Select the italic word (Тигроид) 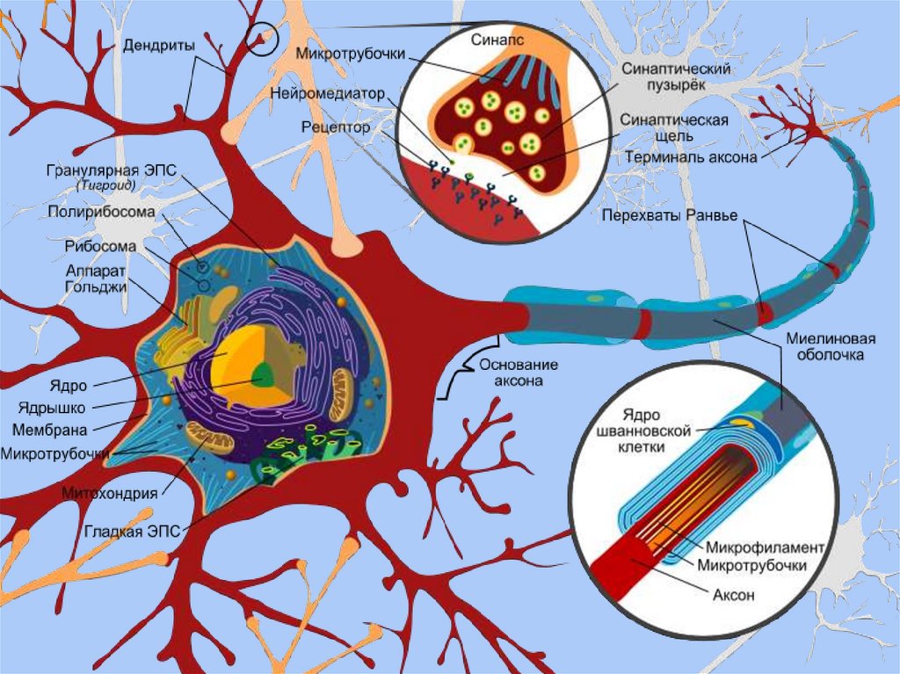click(105, 186)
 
